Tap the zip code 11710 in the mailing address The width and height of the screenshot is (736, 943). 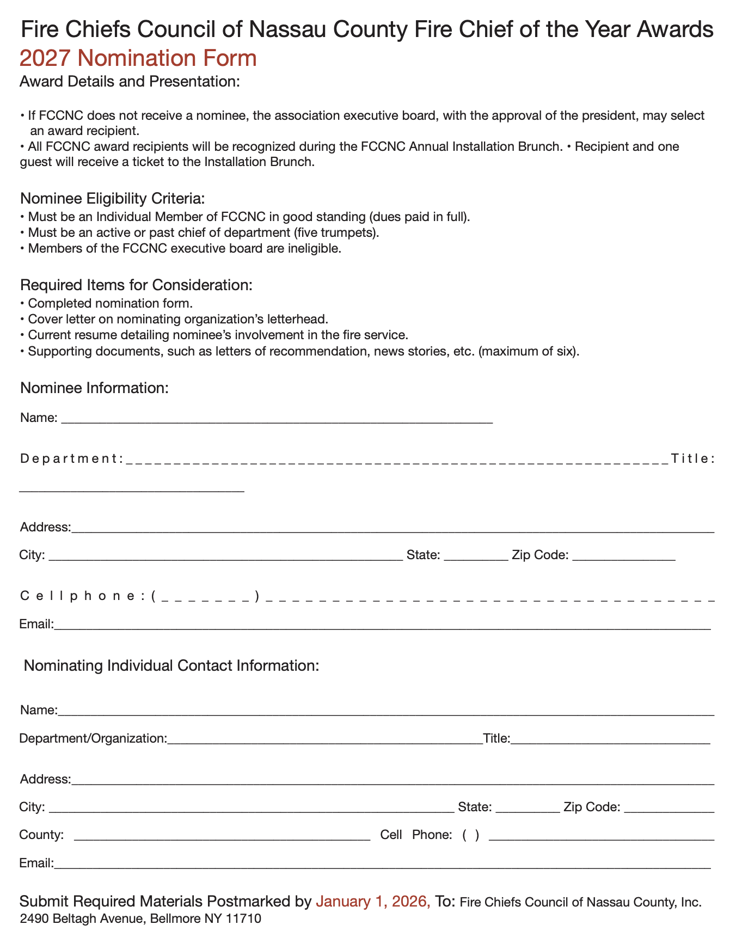point(243,919)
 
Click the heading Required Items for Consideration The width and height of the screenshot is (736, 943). point(136,285)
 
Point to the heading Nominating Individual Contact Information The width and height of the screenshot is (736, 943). point(171,666)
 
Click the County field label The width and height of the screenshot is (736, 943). point(41,835)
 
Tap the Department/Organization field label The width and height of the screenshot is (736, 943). point(93,739)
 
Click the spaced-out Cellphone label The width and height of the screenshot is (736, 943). point(82,596)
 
